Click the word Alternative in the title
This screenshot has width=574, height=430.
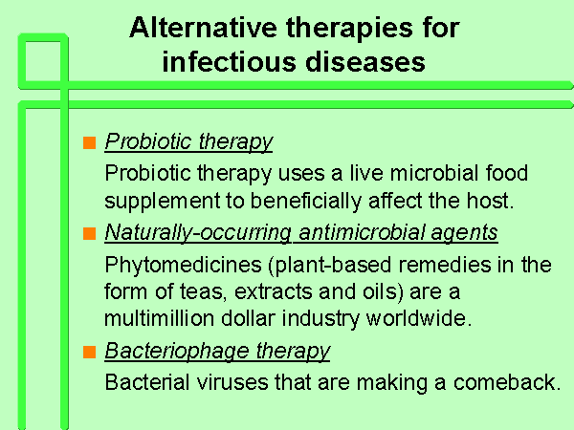[203, 28]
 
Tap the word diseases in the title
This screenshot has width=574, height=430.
[365, 62]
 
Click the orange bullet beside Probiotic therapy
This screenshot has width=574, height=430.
[89, 142]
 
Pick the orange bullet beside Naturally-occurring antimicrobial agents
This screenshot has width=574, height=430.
[89, 233]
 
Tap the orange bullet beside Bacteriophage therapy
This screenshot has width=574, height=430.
[89, 352]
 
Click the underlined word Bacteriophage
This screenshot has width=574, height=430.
[176, 351]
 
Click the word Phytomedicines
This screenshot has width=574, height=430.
[183, 265]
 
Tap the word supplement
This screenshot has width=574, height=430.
[163, 202]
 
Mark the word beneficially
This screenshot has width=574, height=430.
[306, 201]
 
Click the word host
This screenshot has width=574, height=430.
[490, 201]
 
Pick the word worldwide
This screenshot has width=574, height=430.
[418, 318]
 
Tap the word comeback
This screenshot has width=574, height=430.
[507, 382]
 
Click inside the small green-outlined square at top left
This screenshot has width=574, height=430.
[43, 61]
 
